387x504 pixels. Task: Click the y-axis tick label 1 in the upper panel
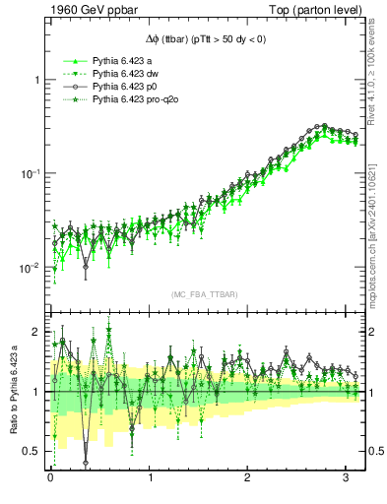point(36,80)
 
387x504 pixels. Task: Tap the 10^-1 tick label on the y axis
point(31,174)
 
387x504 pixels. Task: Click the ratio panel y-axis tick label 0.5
point(32,451)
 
